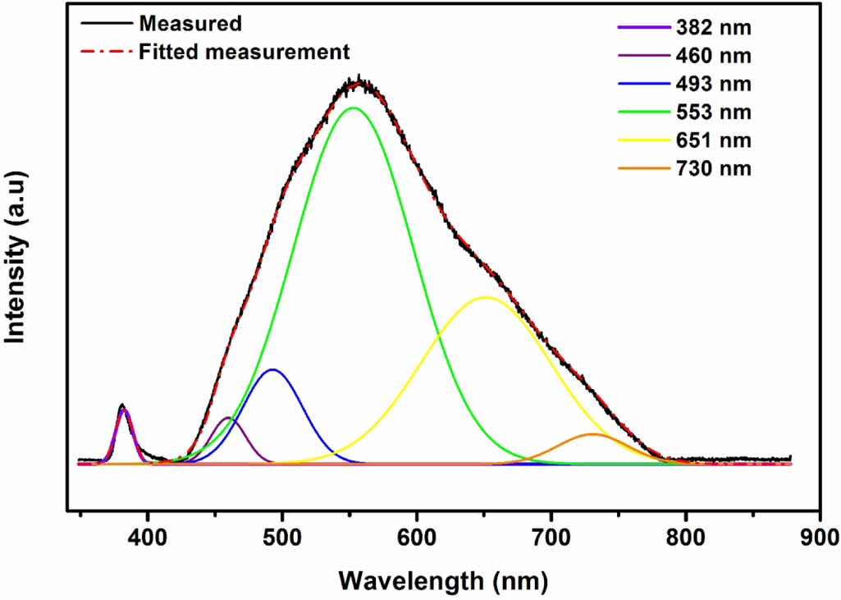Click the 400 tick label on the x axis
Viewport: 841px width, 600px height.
point(148,538)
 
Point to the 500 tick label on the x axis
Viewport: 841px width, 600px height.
point(282,538)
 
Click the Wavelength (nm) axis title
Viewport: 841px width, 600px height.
point(443,580)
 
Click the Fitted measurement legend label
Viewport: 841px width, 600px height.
point(244,52)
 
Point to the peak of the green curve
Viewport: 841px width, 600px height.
point(354,108)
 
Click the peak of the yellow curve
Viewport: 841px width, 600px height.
point(486,297)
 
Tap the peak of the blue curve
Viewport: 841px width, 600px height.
point(273,369)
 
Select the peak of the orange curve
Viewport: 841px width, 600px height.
point(592,433)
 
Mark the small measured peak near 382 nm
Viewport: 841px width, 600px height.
point(122,405)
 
